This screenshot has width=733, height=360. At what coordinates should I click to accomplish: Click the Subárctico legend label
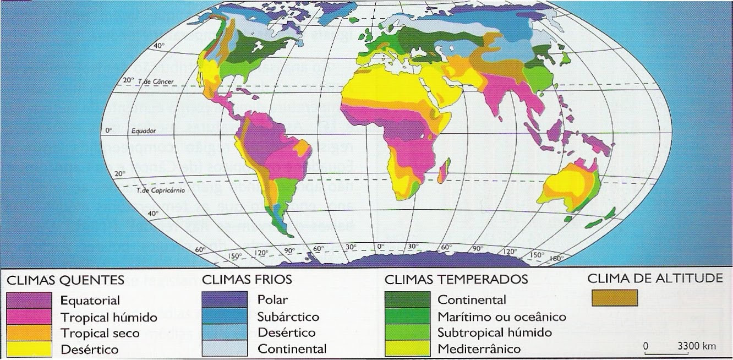(x=288, y=317)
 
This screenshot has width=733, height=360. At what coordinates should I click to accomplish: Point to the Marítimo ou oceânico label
(x=501, y=317)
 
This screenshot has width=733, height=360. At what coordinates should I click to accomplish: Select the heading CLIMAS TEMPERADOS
(x=456, y=280)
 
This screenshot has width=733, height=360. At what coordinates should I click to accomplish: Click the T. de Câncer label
(x=155, y=80)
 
